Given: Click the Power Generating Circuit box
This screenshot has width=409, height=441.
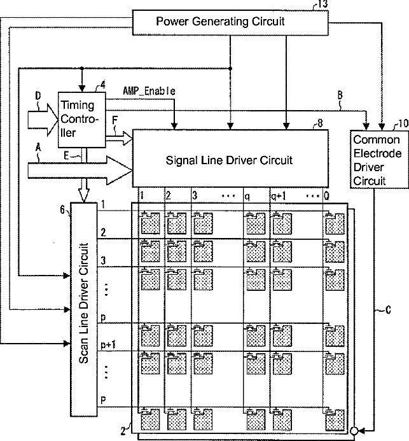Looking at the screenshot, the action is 230,22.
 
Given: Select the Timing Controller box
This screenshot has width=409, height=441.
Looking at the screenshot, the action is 82,120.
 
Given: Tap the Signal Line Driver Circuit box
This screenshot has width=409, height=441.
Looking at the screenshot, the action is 230,158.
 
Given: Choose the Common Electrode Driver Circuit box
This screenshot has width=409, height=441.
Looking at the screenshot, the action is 379,159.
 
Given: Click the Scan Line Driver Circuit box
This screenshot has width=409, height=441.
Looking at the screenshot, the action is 84,309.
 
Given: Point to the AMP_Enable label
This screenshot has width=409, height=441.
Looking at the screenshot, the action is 149,91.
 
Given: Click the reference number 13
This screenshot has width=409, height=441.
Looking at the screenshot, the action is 322,4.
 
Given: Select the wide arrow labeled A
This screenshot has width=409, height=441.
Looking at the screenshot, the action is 80,171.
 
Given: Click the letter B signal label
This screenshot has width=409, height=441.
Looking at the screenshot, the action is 340,95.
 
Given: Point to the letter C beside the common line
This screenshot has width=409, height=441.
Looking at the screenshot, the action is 388,310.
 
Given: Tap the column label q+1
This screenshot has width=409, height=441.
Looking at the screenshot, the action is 278,196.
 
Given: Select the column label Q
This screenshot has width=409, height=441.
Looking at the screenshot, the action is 326,196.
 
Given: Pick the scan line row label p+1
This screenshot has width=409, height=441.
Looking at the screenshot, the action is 108,345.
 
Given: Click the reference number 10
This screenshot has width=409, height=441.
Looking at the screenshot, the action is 403,123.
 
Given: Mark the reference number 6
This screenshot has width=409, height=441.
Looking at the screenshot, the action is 62,209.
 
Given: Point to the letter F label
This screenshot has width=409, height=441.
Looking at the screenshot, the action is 114,120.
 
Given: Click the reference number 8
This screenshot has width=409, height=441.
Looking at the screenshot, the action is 320,123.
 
